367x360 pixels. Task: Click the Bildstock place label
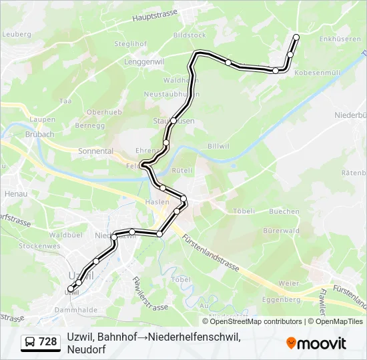[x=190, y=35]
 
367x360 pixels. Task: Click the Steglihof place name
[x=130, y=44]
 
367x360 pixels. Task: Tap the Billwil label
[x=218, y=145]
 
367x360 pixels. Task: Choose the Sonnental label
[x=95, y=151]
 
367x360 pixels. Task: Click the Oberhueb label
[x=103, y=113]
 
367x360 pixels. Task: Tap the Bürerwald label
[x=279, y=231]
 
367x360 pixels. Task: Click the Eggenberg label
[x=282, y=299]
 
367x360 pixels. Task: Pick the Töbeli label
[x=244, y=211]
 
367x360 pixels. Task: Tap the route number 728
[x=47, y=342]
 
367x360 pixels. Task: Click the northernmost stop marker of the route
[x=296, y=37]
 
